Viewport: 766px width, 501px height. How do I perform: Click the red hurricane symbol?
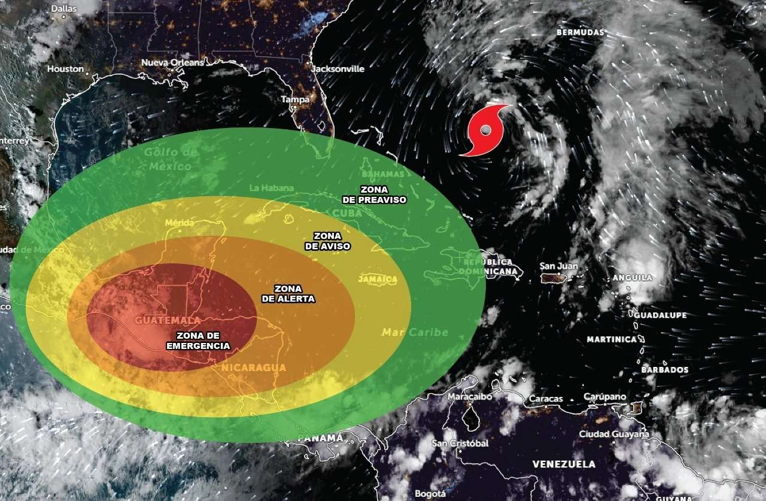(486, 130)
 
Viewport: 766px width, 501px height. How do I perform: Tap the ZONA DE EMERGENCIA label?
(197, 341)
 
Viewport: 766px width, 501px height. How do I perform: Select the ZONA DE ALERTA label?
(288, 293)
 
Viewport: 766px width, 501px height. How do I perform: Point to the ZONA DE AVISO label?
(327, 241)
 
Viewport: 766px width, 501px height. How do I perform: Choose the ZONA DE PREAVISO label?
(375, 194)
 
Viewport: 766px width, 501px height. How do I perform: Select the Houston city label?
(66, 69)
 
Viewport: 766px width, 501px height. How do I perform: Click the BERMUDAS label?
(580, 32)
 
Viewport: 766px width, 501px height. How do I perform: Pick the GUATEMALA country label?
(159, 320)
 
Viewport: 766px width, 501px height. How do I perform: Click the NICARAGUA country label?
(253, 367)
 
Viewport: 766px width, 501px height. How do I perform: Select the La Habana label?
(272, 188)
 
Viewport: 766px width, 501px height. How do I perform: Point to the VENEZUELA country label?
(564, 464)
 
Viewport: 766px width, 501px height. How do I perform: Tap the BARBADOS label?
(665, 370)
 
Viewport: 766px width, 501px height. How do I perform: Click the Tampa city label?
(296, 99)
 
